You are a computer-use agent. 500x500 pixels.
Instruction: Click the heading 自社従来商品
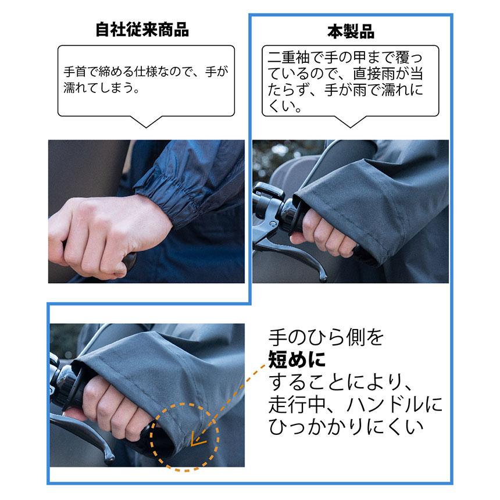click(x=142, y=30)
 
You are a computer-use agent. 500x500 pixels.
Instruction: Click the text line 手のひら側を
click(x=326, y=337)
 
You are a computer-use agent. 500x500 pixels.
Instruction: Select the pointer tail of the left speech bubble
click(x=146, y=121)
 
